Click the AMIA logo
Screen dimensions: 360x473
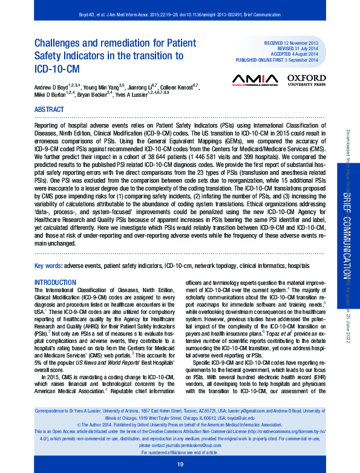pyautogui.click(x=254, y=80)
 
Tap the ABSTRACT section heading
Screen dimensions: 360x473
pyautogui.click(x=50, y=109)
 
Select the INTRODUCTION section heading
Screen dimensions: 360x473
pyautogui.click(x=55, y=282)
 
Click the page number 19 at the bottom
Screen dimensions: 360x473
pyautogui.click(x=180, y=464)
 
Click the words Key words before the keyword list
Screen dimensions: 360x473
pyautogui.click(x=47, y=266)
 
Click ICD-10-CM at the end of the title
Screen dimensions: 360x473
pyautogui.click(x=56, y=68)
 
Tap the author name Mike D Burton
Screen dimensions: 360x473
pyautogui.click(x=50, y=95)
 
